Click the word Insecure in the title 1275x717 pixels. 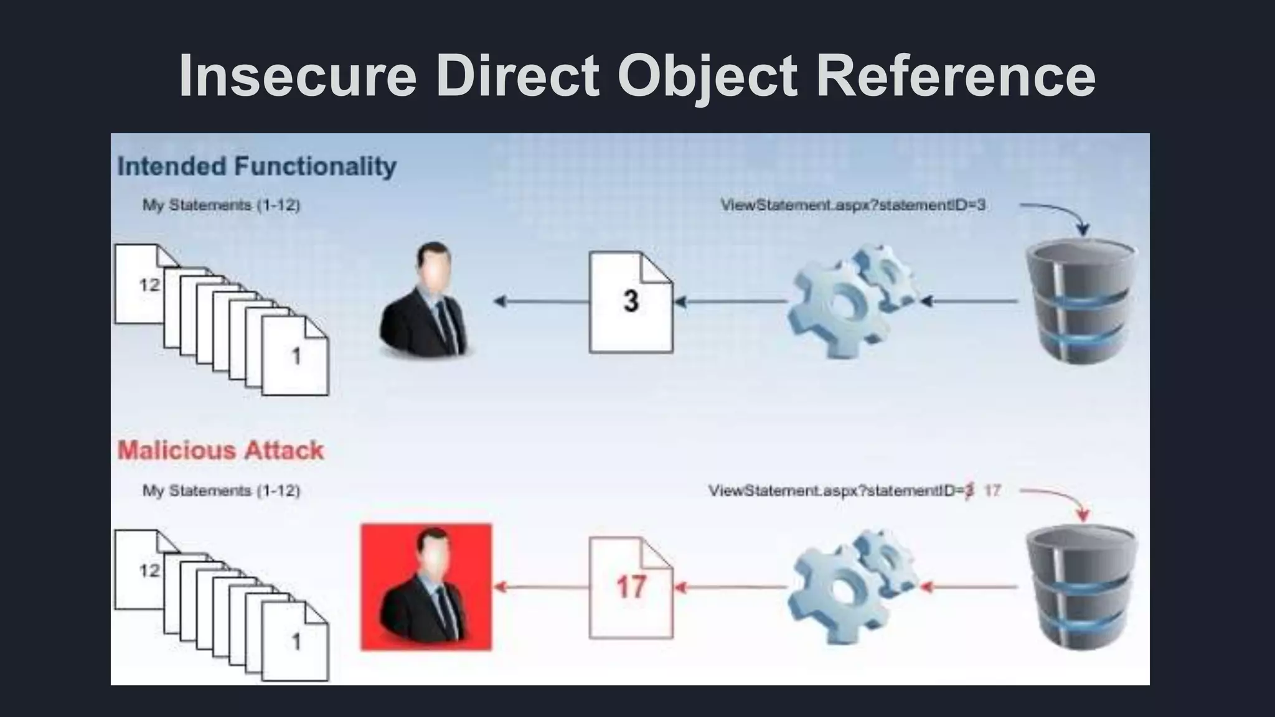(x=297, y=75)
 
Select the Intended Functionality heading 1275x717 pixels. (x=256, y=167)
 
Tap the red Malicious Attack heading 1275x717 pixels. (x=220, y=450)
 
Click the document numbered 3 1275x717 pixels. (x=631, y=302)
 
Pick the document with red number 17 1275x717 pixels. (x=631, y=587)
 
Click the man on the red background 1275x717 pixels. (x=426, y=587)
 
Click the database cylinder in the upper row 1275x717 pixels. (x=1082, y=302)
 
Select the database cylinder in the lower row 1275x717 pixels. (x=1082, y=587)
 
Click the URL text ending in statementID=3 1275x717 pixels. (x=853, y=205)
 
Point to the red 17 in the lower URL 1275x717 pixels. (x=992, y=490)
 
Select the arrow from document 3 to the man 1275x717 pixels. (x=542, y=302)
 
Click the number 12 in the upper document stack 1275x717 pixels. (x=149, y=285)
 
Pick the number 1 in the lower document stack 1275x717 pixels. (x=296, y=641)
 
